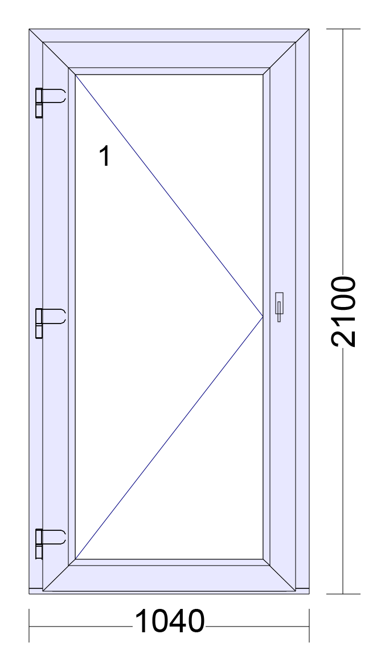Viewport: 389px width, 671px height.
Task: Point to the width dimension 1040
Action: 170,621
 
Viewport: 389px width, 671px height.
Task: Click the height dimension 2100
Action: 343,312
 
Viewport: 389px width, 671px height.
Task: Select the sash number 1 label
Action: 105,156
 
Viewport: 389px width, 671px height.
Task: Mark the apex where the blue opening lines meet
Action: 263,317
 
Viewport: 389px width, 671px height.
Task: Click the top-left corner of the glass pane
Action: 75,75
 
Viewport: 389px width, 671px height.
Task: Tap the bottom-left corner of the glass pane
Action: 75,559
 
